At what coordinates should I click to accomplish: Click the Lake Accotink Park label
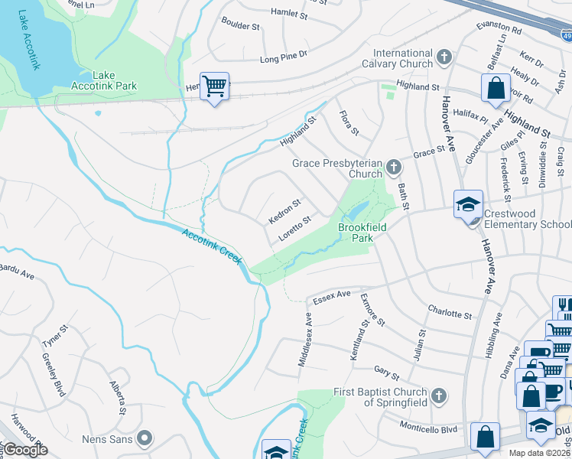coord(114,80)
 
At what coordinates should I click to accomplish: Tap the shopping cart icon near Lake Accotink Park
coord(215,86)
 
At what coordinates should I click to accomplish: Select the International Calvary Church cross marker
coord(444,57)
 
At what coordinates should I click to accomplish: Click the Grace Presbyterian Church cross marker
coord(394,166)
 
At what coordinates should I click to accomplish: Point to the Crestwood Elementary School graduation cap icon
coord(467,204)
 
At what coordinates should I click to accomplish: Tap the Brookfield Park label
coord(362,233)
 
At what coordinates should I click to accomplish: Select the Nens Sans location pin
coord(145,439)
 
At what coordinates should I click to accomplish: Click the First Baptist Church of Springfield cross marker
coord(438,396)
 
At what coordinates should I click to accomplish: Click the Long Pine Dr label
coord(283,56)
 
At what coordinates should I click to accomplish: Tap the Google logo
coord(25,450)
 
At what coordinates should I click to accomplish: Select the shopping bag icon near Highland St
coord(496,88)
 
